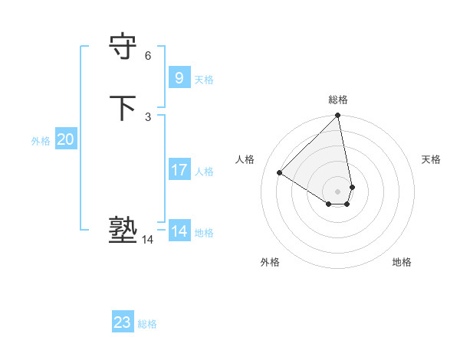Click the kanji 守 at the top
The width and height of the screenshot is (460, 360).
click(x=124, y=47)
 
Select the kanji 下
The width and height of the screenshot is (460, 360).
click(x=124, y=108)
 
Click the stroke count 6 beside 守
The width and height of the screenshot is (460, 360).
click(x=148, y=56)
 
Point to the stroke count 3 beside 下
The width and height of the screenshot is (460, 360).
click(x=148, y=116)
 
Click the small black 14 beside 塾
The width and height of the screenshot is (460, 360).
click(x=148, y=240)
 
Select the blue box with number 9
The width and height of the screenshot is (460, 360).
click(x=179, y=77)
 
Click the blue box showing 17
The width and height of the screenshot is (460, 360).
click(x=179, y=170)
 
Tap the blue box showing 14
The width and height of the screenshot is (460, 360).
click(x=179, y=231)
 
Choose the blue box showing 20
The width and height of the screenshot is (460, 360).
click(x=66, y=139)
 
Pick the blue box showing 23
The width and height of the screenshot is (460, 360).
click(x=123, y=322)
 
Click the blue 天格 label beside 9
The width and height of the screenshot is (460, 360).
click(x=204, y=79)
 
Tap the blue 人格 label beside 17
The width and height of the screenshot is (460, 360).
click(x=204, y=172)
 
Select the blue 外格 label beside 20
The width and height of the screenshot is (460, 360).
click(x=41, y=141)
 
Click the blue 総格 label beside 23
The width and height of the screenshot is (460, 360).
click(x=147, y=324)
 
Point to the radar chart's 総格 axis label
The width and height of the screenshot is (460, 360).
click(x=337, y=100)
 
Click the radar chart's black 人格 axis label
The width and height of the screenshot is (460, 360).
click(x=245, y=159)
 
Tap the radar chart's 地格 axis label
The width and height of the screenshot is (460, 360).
click(x=402, y=262)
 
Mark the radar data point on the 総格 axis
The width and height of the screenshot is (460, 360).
click(x=337, y=116)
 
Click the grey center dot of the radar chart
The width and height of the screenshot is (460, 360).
click(x=337, y=191)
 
